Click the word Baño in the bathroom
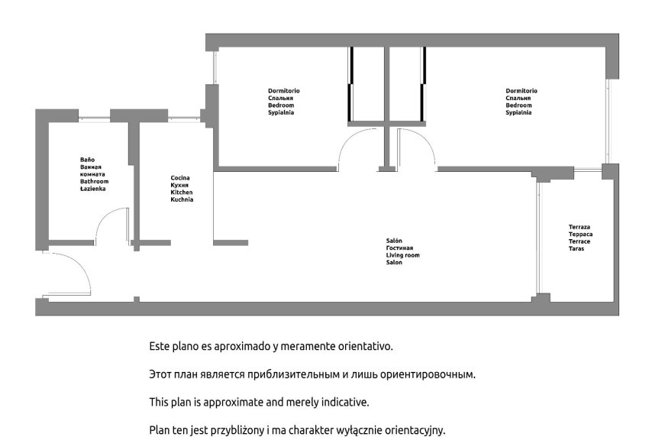pyautogui.click(x=87, y=160)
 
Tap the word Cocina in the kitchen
pyautogui.click(x=180, y=178)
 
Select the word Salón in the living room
pyautogui.click(x=394, y=241)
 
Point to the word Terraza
pyautogui.click(x=580, y=227)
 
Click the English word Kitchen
pyautogui.click(x=182, y=193)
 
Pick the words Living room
pyautogui.click(x=402, y=255)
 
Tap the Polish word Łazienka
pyautogui.click(x=92, y=189)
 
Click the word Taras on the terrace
pyautogui.click(x=576, y=248)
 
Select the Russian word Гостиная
pyautogui.click(x=399, y=248)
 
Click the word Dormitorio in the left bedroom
pyautogui.click(x=284, y=91)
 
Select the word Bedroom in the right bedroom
pyautogui.click(x=518, y=105)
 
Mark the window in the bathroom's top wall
pyautogui.click(x=94, y=119)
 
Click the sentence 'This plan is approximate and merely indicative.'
pyautogui.click(x=259, y=402)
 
